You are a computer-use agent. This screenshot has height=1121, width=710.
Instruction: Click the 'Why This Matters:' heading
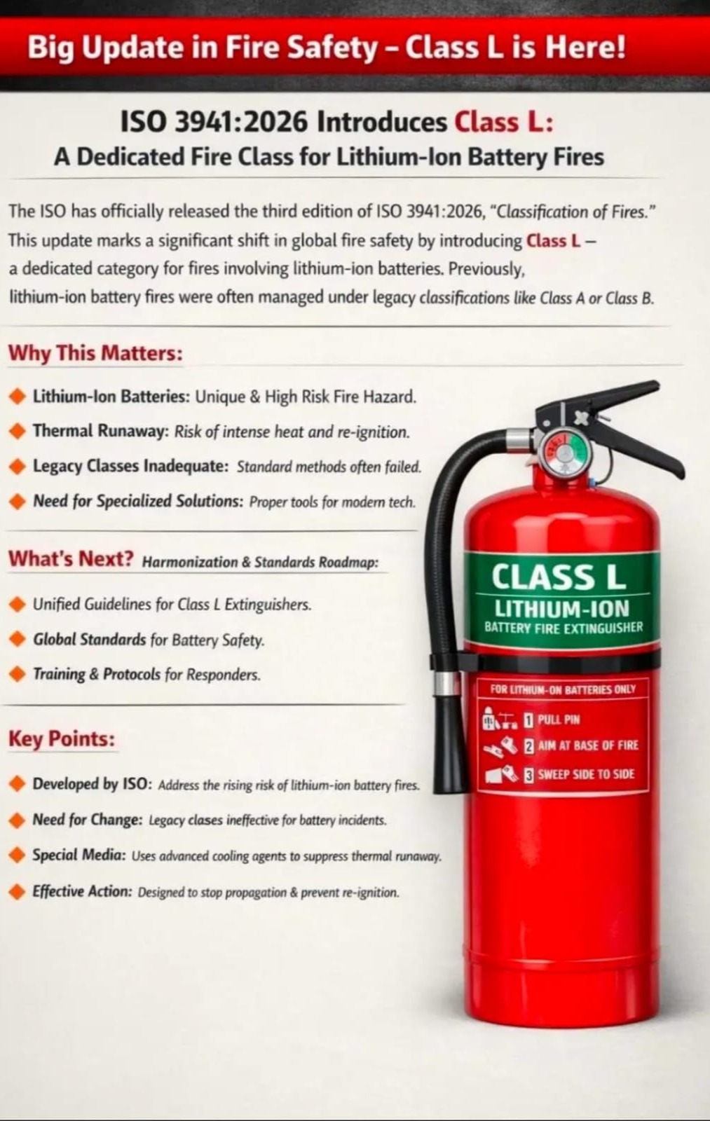[x=95, y=353]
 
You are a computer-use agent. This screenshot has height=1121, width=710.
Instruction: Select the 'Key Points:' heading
[x=62, y=738]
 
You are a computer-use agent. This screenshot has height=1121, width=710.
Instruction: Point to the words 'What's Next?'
[x=71, y=558]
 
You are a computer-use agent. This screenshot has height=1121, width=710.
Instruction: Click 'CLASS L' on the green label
[x=559, y=577]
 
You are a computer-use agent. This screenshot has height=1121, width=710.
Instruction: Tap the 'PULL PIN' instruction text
[x=559, y=720]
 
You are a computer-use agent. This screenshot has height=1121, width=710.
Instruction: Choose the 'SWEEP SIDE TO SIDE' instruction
[x=587, y=775]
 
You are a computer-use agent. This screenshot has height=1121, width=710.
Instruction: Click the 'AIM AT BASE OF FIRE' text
[x=588, y=745]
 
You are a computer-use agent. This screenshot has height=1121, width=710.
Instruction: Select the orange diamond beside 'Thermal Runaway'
[x=18, y=431]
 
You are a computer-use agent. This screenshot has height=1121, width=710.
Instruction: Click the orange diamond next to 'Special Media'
[x=18, y=855]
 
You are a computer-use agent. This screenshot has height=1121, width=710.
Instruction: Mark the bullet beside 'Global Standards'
[x=18, y=639]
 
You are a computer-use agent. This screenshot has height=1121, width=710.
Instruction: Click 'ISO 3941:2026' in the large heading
[x=214, y=123]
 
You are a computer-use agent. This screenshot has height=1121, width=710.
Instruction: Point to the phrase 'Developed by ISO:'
[x=92, y=784]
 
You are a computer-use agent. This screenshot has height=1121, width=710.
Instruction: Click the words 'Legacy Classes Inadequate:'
[x=130, y=466]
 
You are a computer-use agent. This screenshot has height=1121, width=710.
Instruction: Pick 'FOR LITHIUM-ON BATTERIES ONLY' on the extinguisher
[x=563, y=689]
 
